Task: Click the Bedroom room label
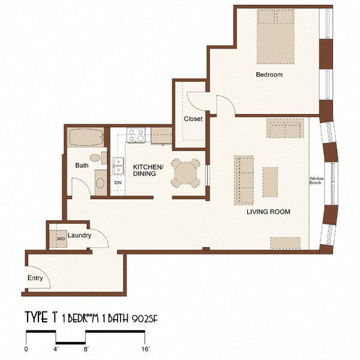(269, 75)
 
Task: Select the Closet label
(193, 119)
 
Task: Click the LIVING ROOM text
(269, 212)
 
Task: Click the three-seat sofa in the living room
(244, 179)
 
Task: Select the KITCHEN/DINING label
(145, 170)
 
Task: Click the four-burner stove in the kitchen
(136, 136)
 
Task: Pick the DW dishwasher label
(118, 182)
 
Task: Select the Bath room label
(82, 165)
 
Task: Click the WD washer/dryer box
(60, 239)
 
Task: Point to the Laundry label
(80, 236)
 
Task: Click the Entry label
(35, 278)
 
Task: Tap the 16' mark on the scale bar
(146, 349)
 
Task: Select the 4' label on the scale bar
(56, 349)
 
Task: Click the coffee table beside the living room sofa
(271, 182)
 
